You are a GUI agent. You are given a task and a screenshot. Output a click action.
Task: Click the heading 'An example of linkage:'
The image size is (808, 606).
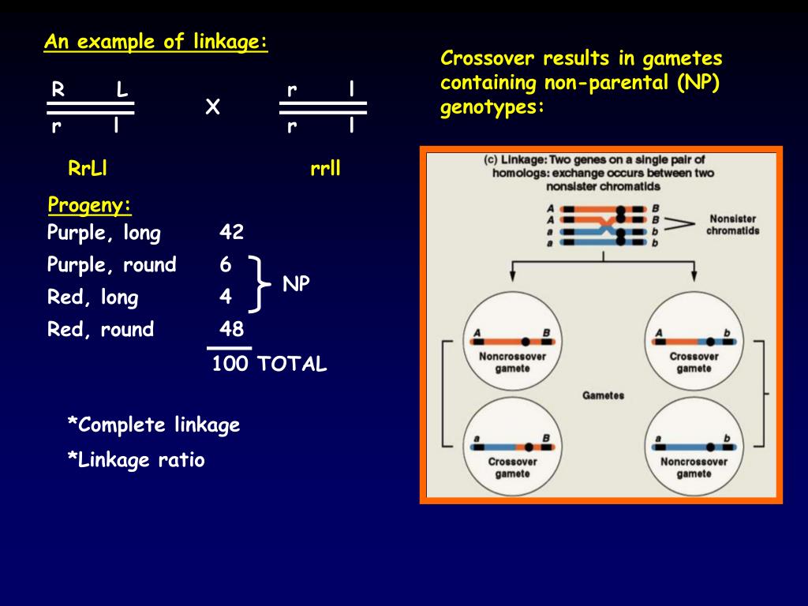[x=155, y=42]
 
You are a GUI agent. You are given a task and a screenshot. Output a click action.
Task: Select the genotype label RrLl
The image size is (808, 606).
[x=88, y=168]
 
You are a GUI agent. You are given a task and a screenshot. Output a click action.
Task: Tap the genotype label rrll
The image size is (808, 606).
[x=325, y=168]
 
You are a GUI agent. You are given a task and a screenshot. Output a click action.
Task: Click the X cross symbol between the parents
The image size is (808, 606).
[x=211, y=107]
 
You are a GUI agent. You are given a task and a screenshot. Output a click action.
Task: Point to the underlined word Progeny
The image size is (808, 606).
[x=89, y=206]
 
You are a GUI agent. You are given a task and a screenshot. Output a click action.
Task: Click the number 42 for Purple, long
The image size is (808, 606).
[x=232, y=233]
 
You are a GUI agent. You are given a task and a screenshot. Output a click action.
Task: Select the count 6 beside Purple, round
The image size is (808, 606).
[x=226, y=265]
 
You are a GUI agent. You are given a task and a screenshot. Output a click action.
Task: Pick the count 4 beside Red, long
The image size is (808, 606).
[x=226, y=297]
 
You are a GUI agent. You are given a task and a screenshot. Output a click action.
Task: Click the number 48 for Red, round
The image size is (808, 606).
[x=232, y=329]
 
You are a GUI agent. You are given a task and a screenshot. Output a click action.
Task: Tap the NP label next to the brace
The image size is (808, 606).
[x=297, y=285]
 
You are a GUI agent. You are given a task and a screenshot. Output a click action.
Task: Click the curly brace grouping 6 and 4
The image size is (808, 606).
[x=258, y=282]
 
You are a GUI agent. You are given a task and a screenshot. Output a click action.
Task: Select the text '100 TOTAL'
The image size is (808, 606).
[x=269, y=364]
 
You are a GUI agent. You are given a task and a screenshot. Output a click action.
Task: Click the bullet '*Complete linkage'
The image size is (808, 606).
[x=153, y=425]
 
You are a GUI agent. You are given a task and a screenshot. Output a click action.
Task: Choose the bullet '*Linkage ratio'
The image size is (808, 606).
[x=136, y=460]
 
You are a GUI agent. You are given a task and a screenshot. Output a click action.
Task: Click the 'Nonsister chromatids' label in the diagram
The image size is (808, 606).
[x=732, y=225]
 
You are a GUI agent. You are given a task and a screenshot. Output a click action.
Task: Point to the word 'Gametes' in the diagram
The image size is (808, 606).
[x=603, y=395]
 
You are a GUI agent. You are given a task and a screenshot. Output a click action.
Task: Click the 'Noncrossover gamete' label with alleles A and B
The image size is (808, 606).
[x=512, y=362]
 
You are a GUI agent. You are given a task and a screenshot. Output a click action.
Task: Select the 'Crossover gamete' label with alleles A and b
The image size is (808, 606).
[x=694, y=362]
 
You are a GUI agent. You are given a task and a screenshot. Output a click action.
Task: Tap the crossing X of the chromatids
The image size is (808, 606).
[x=607, y=226]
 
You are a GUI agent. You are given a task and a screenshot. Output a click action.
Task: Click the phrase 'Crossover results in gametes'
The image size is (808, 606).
[x=582, y=59]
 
